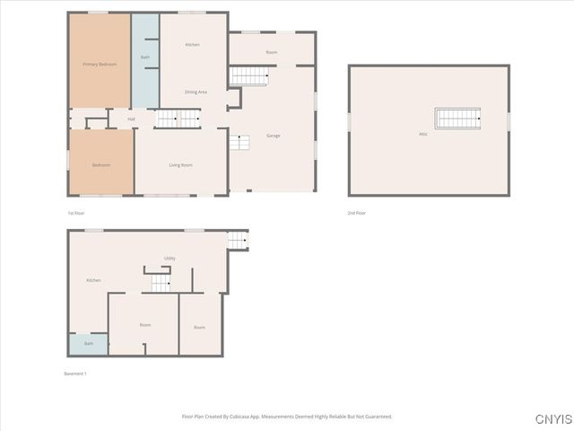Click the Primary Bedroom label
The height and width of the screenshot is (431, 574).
point(100,65)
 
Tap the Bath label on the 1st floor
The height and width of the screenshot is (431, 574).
point(145,57)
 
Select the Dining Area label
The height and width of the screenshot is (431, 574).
point(196,92)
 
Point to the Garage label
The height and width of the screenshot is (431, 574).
point(274,136)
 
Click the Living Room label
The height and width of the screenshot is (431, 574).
point(181,165)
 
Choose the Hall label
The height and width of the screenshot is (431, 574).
point(131,119)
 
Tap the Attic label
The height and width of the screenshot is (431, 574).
point(423,135)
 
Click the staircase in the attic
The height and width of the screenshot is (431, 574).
point(457,118)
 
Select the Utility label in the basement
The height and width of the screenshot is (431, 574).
point(170,259)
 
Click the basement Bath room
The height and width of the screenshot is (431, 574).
point(89,344)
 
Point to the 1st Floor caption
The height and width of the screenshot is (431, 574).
point(76,213)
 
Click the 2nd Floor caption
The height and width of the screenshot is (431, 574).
point(357,213)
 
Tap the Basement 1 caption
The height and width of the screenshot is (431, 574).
point(75,374)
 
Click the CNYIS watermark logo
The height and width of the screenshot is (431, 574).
point(552,419)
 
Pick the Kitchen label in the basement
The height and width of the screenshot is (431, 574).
point(93,280)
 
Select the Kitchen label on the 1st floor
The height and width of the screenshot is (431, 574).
point(192,45)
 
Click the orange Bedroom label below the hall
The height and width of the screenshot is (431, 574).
point(101,165)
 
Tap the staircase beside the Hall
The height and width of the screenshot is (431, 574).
point(178,118)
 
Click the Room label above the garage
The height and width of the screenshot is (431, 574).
point(271,52)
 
